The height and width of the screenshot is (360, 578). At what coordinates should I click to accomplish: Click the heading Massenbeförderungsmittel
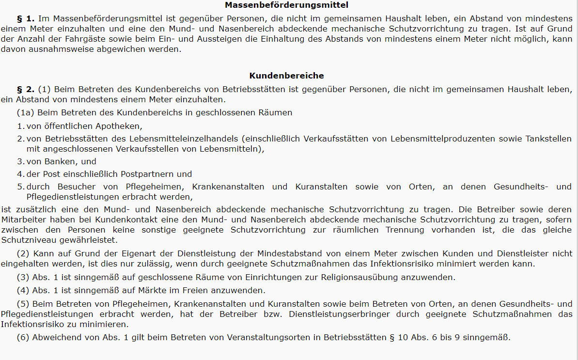(287, 5)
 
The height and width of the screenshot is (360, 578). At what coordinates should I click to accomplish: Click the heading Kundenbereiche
(287, 76)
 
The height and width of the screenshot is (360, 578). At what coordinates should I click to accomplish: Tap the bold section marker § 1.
(26, 18)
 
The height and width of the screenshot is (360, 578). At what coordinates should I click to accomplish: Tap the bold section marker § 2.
(26, 89)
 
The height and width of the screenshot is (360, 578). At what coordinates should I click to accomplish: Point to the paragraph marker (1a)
(25, 113)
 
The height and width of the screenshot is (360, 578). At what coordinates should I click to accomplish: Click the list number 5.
(20, 187)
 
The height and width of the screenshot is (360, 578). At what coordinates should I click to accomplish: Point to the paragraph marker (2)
(23, 253)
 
